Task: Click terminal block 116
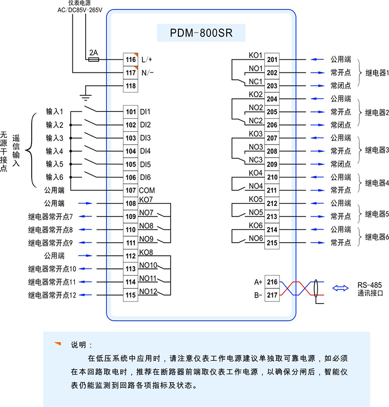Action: point(130,60)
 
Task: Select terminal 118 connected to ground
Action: point(130,86)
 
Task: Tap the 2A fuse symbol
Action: point(93,59)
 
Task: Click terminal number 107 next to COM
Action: point(130,191)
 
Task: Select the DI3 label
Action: point(145,138)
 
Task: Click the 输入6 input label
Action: point(54,177)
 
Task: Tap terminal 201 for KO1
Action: point(272,60)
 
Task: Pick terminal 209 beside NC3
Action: point(272,164)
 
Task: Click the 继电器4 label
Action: point(377,184)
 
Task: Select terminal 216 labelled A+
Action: point(272,282)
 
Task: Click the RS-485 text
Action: point(370,285)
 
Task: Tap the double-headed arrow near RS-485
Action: point(341,288)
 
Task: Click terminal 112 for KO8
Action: point(130,256)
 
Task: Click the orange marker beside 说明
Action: point(57,344)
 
